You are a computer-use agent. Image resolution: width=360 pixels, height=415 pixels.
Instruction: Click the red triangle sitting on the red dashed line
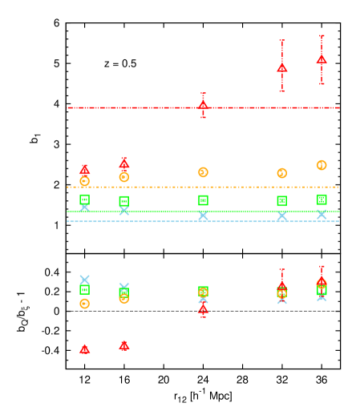203,105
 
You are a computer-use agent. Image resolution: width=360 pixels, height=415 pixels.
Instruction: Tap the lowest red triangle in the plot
84,349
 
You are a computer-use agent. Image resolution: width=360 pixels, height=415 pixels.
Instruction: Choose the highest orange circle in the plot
322,165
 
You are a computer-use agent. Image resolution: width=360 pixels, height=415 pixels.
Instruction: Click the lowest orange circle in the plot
84,304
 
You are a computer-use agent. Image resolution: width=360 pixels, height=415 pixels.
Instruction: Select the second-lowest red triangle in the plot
123,344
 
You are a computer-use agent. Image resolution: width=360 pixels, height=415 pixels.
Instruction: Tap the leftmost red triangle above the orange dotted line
84,170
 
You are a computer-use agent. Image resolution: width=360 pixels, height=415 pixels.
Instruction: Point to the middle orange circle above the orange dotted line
203,172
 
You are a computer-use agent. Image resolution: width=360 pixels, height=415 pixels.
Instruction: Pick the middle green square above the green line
203,200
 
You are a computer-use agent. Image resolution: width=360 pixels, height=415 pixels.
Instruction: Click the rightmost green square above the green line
322,199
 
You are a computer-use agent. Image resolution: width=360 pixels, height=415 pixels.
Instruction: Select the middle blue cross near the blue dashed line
203,215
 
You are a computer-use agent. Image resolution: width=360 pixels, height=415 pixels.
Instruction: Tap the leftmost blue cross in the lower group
84,280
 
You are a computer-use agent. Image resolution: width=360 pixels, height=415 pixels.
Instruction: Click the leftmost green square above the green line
84,199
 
